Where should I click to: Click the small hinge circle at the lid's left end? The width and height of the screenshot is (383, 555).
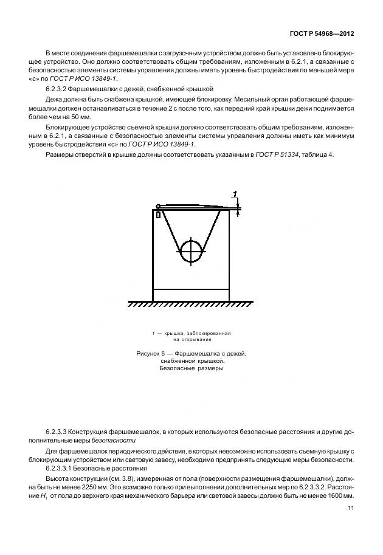click(157, 206)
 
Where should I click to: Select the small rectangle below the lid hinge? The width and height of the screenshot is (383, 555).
click(158, 215)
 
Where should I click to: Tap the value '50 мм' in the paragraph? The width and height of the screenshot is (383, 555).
click(79, 117)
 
